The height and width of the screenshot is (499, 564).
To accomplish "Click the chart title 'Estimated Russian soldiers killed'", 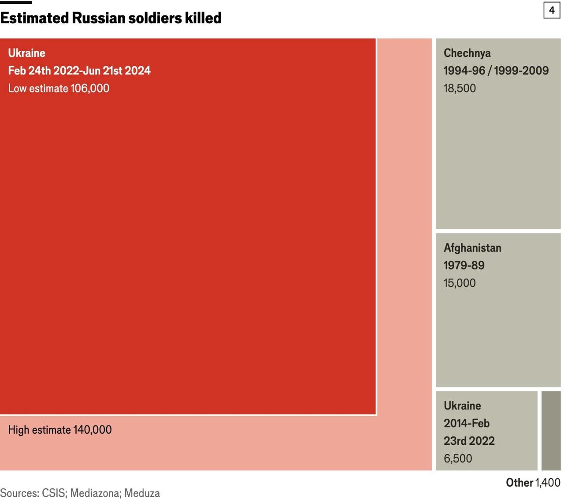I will click(x=111, y=18).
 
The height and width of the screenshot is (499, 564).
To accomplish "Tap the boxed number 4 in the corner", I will click(x=551, y=10).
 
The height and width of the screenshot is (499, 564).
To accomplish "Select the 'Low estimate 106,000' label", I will click(x=59, y=88).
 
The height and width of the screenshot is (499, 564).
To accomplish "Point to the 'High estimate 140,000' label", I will click(x=60, y=430).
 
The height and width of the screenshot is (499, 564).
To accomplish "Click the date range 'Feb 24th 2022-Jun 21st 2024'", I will click(x=79, y=71).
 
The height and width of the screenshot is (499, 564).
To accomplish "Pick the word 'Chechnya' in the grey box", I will click(x=467, y=53).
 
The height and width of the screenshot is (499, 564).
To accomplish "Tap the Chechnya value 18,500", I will click(x=460, y=88).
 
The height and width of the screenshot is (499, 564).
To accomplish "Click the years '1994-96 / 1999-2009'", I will click(x=496, y=71).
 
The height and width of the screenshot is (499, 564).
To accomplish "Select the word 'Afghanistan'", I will click(x=472, y=248).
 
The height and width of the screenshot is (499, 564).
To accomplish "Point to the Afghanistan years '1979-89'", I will click(x=464, y=265).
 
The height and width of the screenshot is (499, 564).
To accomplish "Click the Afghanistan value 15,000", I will click(x=460, y=283).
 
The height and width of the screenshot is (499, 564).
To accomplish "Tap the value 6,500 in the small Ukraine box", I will click(x=458, y=458).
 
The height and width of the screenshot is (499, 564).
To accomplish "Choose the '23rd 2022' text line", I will click(x=469, y=441).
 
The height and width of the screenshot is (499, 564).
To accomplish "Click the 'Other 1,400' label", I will click(x=533, y=483).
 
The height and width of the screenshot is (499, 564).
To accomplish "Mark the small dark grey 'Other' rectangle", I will click(x=551, y=430).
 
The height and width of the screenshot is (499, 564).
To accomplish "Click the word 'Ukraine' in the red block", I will click(x=26, y=53).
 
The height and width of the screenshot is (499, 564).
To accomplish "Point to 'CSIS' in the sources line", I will click(x=53, y=493).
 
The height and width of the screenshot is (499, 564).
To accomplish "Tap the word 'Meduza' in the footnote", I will click(x=142, y=493).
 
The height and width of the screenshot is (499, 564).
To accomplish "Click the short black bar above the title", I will click(x=16, y=2).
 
